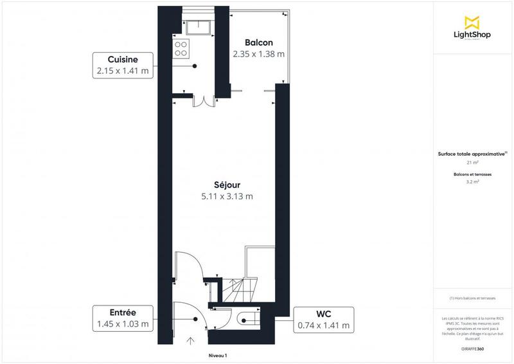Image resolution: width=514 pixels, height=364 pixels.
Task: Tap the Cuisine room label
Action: (x=122, y=59)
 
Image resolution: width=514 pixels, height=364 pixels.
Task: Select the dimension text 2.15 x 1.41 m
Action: (x=122, y=70)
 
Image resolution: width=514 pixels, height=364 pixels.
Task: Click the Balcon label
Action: (x=258, y=42)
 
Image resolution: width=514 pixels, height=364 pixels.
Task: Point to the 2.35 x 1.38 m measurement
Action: (x=258, y=55)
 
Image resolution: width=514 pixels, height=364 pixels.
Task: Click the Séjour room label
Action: (x=227, y=184)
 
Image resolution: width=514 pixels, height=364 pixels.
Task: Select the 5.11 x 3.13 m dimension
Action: (x=227, y=196)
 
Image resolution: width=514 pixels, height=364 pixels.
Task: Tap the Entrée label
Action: (x=122, y=313)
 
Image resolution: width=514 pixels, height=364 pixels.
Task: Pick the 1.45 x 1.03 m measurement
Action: (x=122, y=324)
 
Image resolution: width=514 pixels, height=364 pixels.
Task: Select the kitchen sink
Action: (x=197, y=28)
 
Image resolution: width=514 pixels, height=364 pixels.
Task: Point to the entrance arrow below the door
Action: (x=191, y=340)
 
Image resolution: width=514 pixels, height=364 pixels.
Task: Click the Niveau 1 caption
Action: (x=218, y=356)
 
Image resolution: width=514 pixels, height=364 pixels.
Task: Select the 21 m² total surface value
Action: (x=472, y=163)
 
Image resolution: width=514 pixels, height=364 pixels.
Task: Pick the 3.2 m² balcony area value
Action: (x=472, y=182)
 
